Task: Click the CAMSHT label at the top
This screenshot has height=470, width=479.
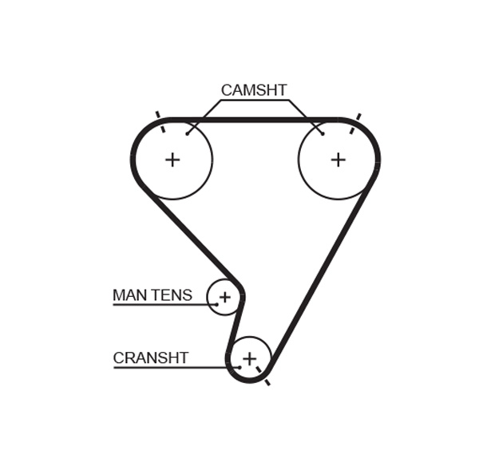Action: [x=253, y=90]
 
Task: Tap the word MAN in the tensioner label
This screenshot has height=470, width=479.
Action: [x=130, y=295]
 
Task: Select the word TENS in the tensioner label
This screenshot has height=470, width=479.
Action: [x=172, y=295]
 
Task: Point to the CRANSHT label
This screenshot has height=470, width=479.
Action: [x=150, y=358]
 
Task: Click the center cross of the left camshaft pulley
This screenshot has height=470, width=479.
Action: [x=172, y=160]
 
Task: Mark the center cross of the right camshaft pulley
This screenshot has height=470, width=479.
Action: [x=338, y=160]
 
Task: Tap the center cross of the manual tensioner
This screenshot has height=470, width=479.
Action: [x=224, y=298]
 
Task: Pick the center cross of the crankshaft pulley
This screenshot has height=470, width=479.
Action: [x=249, y=359]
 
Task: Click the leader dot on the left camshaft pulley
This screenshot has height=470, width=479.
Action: [x=188, y=133]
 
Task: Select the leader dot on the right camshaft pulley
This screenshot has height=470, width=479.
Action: [x=323, y=133]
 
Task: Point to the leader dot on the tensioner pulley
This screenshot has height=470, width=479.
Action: [x=216, y=304]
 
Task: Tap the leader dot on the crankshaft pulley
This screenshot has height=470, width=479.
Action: [x=239, y=367]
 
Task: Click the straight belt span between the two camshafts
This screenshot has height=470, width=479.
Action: [x=255, y=120]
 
